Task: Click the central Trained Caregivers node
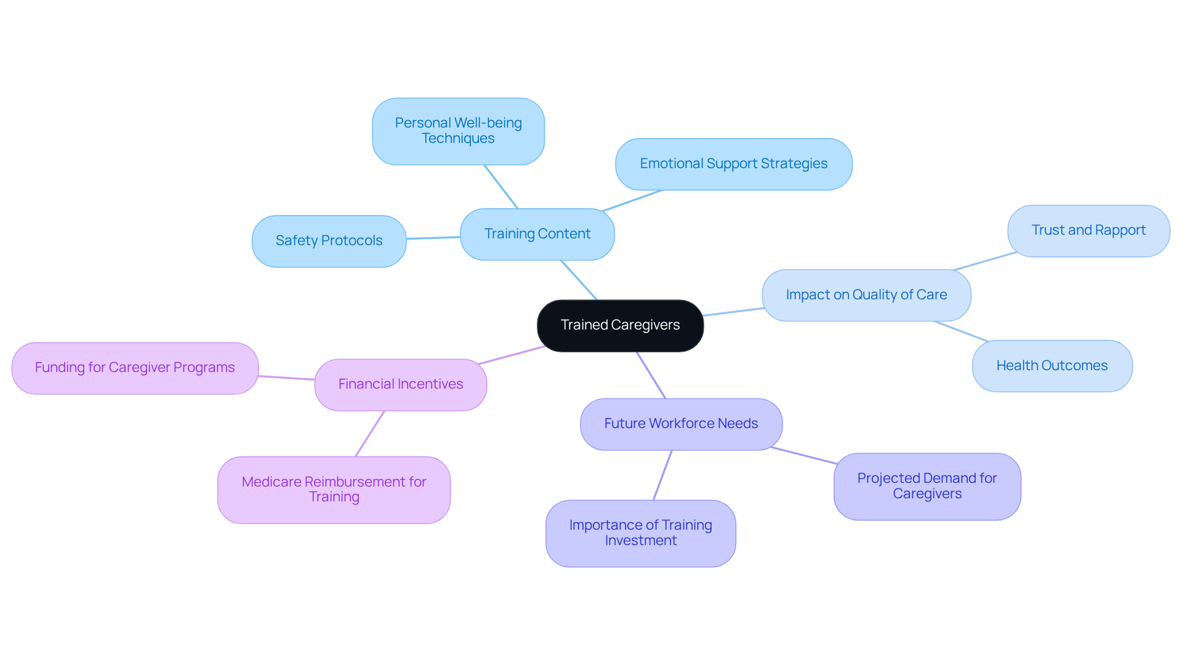620,325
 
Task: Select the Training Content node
537,234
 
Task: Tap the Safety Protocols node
329,241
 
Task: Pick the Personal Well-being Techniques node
458,131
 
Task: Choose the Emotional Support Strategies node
733,164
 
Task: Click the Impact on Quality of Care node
866,295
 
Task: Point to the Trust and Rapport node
1088,230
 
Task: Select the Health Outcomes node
1051,366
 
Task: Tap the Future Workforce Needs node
681,424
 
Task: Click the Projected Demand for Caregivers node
927,486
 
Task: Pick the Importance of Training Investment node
640,533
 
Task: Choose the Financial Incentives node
400,384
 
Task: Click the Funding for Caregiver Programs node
135,368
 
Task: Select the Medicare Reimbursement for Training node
334,490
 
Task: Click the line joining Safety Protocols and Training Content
433,238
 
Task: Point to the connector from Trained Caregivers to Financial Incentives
511,355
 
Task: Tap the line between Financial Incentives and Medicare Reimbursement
369,434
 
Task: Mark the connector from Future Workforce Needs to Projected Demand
803,455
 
